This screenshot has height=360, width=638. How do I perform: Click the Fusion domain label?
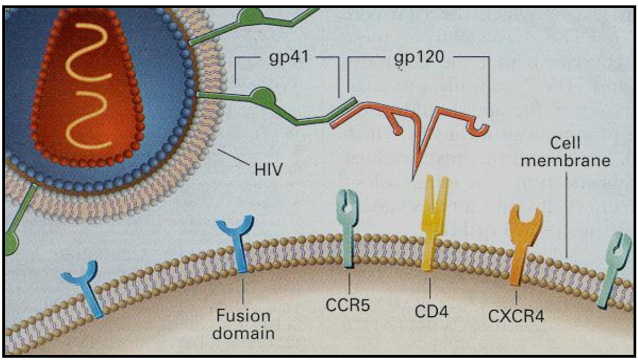click(x=243, y=324)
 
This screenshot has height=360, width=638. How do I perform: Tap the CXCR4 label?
click(x=515, y=316)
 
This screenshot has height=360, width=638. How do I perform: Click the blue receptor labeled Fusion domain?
click(x=239, y=241)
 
